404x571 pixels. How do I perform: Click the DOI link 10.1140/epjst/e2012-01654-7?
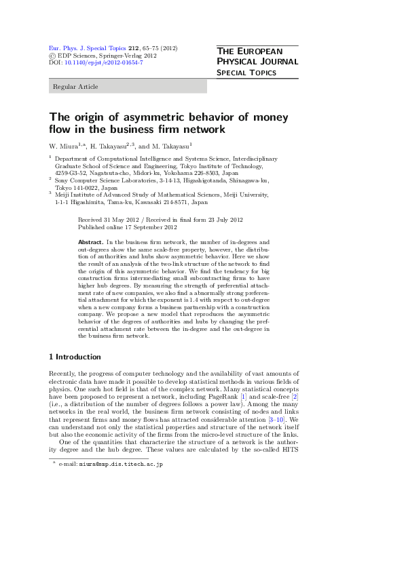[x=103, y=62]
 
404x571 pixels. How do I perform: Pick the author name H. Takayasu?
[x=110, y=146]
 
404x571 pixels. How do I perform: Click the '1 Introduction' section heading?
[x=75, y=357]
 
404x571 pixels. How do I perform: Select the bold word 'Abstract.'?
[x=90, y=241]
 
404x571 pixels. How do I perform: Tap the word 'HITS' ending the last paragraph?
[x=290, y=452]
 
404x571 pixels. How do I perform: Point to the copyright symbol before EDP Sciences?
[x=52, y=56]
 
